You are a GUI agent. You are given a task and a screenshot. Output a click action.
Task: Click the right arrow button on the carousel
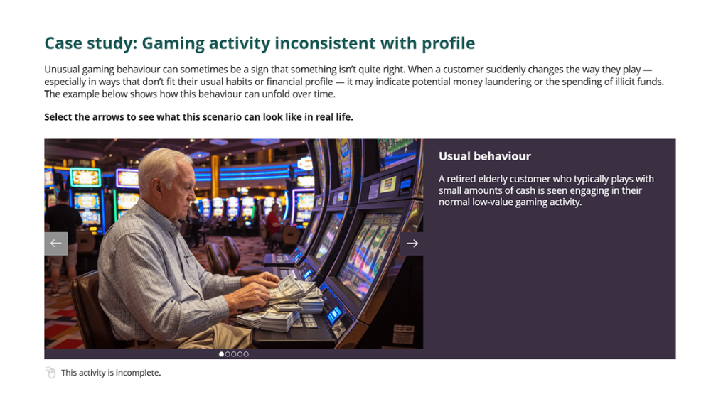click(x=412, y=244)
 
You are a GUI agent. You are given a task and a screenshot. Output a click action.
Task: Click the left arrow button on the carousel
click(x=55, y=244)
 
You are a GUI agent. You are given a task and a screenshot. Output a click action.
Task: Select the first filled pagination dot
click(x=221, y=354)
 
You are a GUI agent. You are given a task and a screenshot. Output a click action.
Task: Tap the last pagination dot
click(x=246, y=354)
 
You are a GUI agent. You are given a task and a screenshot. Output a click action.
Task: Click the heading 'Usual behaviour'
click(x=485, y=156)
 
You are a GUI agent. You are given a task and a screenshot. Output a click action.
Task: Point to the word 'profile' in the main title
click(x=449, y=43)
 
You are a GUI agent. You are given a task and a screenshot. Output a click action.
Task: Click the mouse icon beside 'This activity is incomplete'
click(x=50, y=372)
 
